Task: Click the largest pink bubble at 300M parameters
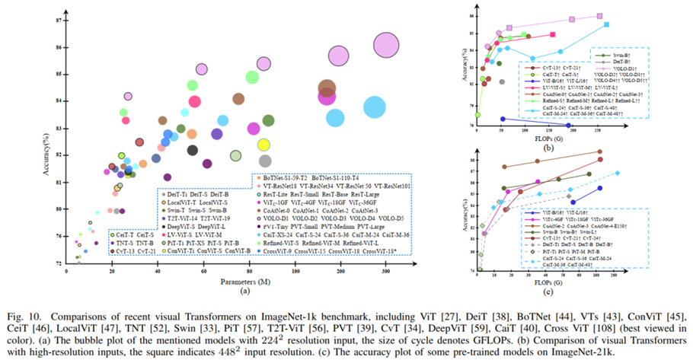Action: point(387,46)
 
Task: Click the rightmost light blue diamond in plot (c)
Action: point(618,173)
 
